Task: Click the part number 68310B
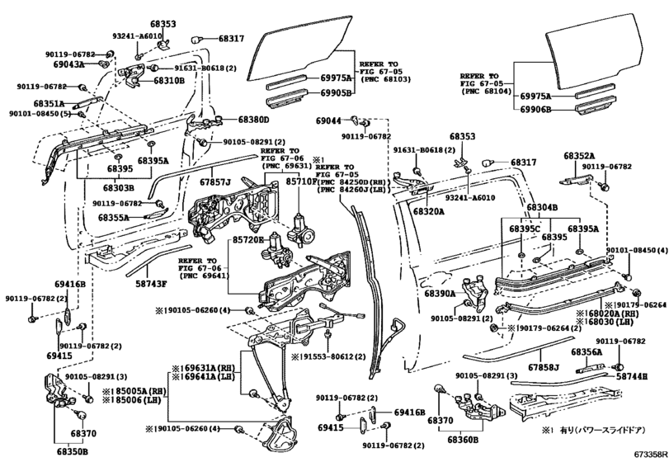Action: pyautogui.click(x=168, y=81)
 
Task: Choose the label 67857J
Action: pyautogui.click(x=214, y=181)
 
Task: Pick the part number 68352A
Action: pyautogui.click(x=580, y=155)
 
